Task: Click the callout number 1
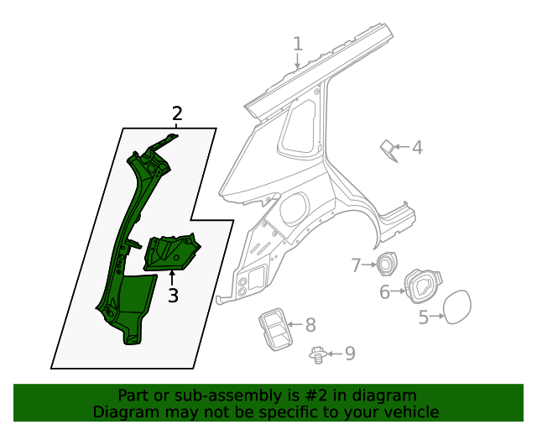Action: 298,44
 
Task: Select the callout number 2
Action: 177,113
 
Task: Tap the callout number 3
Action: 173,296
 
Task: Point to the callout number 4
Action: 417,149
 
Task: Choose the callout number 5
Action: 424,317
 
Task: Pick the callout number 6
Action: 385,292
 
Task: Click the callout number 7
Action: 356,265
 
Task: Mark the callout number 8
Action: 310,324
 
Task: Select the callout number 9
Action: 350,354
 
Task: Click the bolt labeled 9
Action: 318,354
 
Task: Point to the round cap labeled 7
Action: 386,264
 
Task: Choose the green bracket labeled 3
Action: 172,252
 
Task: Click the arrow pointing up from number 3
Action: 173,278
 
